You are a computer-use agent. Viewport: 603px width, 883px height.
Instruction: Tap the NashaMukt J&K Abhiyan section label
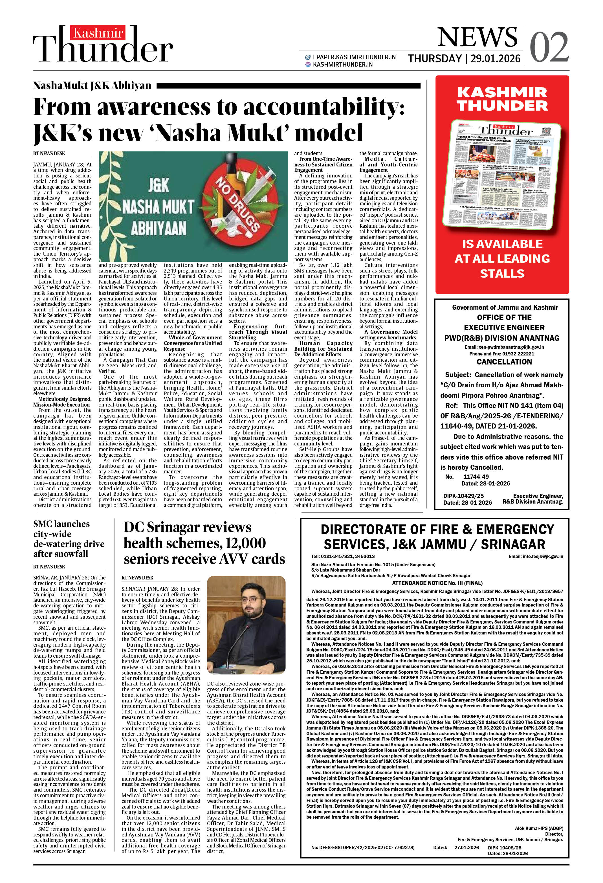[92, 85]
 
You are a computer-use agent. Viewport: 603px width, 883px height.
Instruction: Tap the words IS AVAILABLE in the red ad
[502, 244]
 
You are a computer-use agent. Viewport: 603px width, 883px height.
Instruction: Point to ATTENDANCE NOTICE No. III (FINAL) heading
[437, 583]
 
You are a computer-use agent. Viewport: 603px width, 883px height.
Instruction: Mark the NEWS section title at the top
[477, 38]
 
